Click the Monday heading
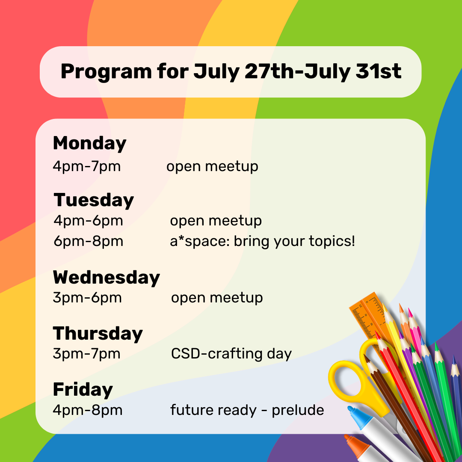pyautogui.click(x=89, y=144)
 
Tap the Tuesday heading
pyautogui.click(x=94, y=200)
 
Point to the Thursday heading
pyautogui.click(x=98, y=334)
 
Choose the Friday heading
pyautogui.click(x=83, y=390)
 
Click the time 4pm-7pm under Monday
pyautogui.click(x=86, y=166)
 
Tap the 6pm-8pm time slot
pyautogui.click(x=89, y=241)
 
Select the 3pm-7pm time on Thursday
pyautogui.click(x=86, y=354)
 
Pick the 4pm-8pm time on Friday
pyautogui.click(x=88, y=410)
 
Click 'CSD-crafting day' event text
pyautogui.click(x=231, y=354)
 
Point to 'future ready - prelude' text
pyautogui.click(x=247, y=410)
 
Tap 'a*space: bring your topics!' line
pyautogui.click(x=263, y=241)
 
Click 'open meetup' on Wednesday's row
pyautogui.click(x=217, y=298)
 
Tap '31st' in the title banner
pyautogui.click(x=379, y=71)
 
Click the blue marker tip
pyautogui.click(x=356, y=415)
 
